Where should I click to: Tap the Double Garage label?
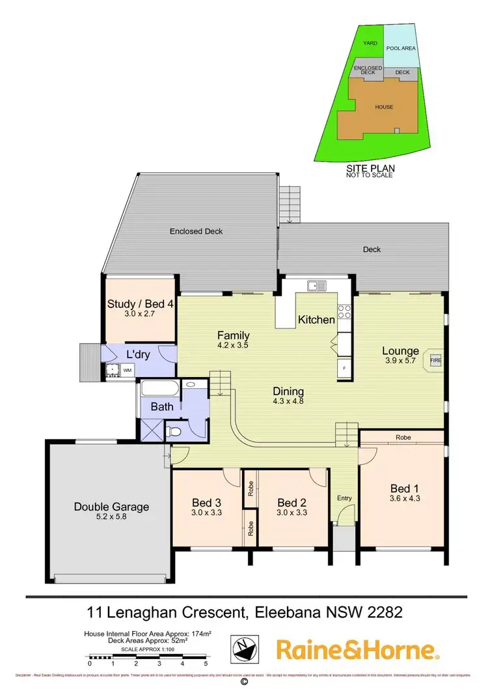(111, 507)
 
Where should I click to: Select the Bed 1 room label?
(400, 488)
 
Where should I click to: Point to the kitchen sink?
(317, 285)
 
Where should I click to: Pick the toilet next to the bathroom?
(174, 430)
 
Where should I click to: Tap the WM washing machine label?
(128, 371)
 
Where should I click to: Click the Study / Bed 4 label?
(140, 303)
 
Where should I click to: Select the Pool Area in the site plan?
(401, 47)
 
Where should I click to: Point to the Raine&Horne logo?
(357, 650)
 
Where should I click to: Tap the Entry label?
(344, 498)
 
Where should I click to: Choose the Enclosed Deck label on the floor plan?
(196, 231)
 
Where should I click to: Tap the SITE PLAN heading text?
(371, 167)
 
